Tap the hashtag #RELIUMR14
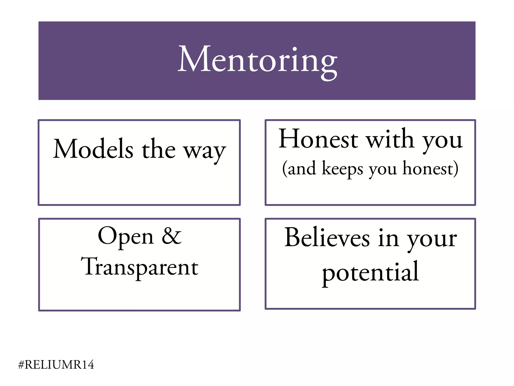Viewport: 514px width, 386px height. coord(56,365)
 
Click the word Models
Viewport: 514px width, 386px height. coord(93,149)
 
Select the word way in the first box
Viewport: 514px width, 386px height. coord(205,151)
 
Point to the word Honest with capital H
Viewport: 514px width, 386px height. coord(318,139)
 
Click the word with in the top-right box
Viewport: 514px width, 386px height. coord(390,139)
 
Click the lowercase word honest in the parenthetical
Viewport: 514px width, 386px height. coord(428,168)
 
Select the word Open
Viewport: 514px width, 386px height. coord(125,236)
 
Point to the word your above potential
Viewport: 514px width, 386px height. coord(432,239)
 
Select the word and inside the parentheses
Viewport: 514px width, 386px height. coord(302,169)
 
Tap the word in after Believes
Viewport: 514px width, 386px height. coord(389,238)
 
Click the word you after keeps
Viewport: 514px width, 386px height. coord(383,170)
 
